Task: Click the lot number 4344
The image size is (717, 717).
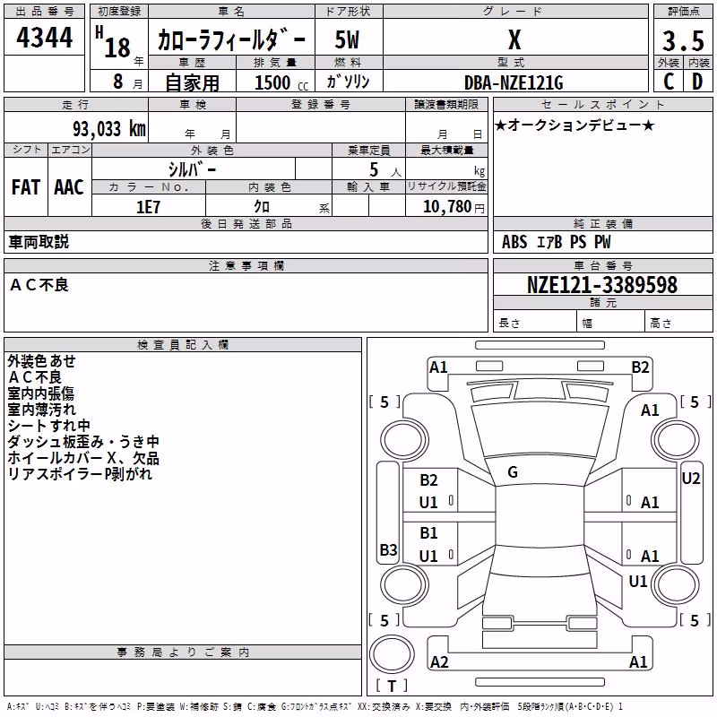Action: click(x=44, y=38)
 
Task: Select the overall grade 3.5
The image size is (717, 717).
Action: click(x=683, y=40)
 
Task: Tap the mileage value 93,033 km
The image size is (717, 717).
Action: click(x=108, y=129)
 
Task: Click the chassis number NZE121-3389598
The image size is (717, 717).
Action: click(x=601, y=285)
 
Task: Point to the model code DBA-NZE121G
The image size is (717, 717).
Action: click(x=514, y=82)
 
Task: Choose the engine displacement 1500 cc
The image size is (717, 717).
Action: click(x=281, y=82)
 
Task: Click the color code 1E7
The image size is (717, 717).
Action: click(x=148, y=207)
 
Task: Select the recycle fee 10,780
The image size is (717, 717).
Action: click(x=446, y=207)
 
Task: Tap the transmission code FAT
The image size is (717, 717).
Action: click(x=26, y=187)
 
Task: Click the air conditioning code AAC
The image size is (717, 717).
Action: click(x=69, y=187)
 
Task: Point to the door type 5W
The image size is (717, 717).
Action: click(x=347, y=39)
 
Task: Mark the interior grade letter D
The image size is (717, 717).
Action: click(x=697, y=82)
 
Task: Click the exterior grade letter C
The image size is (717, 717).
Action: click(x=669, y=82)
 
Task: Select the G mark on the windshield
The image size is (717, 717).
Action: click(x=513, y=472)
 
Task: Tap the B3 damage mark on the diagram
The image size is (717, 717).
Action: click(x=388, y=549)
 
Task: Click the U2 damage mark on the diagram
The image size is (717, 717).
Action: click(x=690, y=479)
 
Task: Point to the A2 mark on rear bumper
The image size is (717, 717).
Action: click(x=439, y=661)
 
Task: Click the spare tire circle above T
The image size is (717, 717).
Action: click(x=392, y=654)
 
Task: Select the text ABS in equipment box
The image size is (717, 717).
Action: click(x=514, y=242)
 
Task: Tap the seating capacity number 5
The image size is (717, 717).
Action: click(x=374, y=169)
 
